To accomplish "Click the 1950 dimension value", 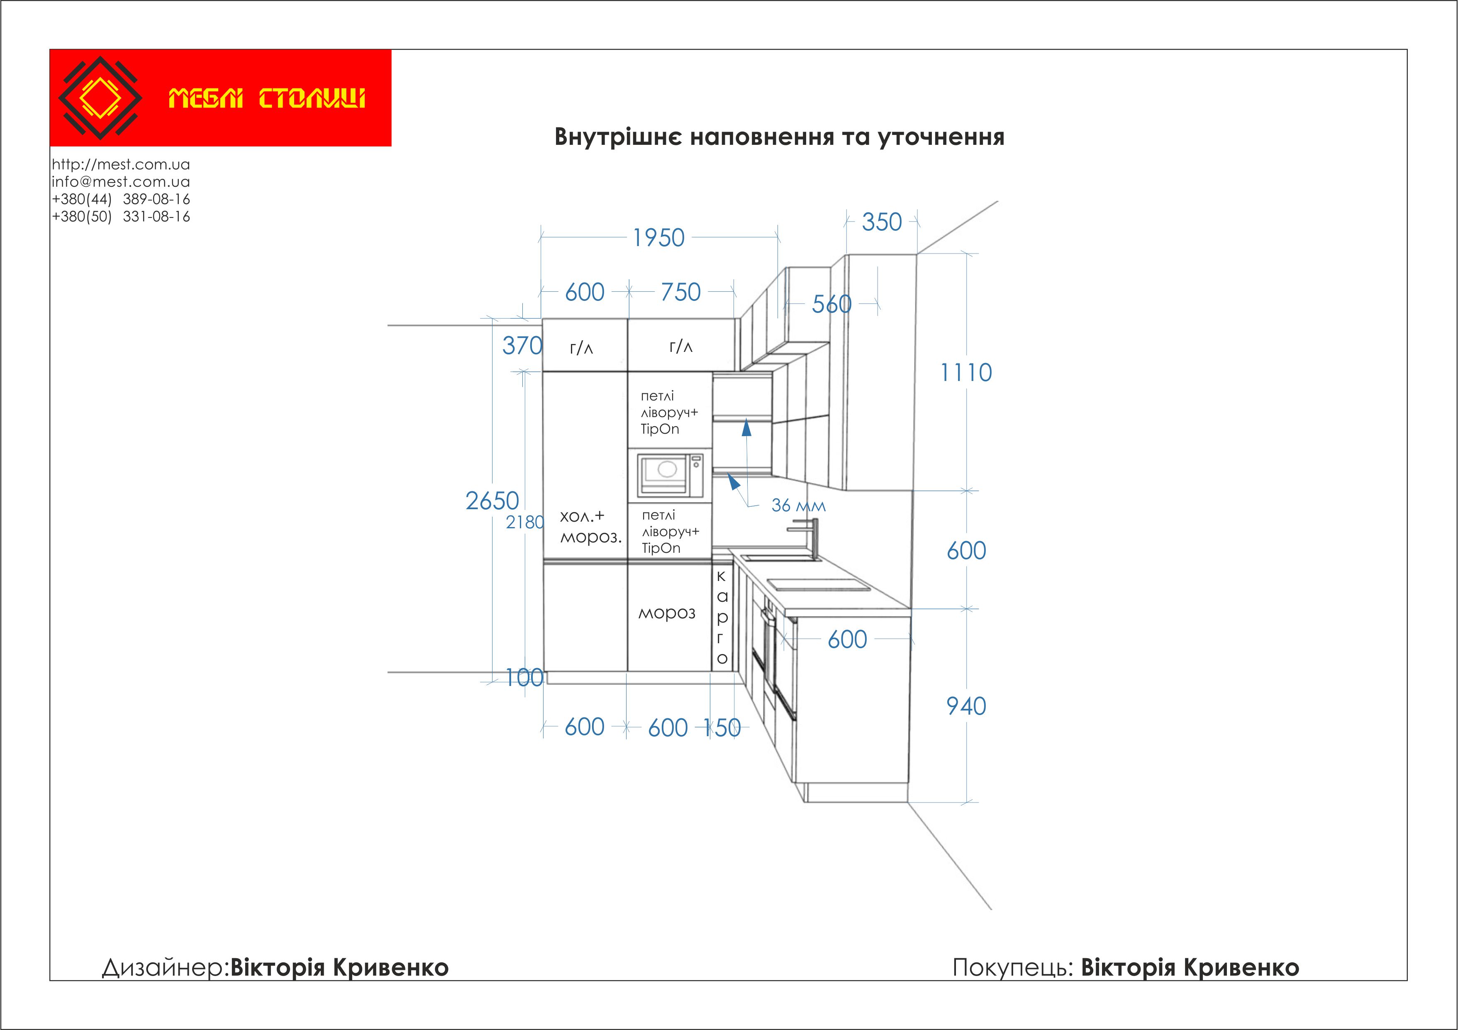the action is point(658,238).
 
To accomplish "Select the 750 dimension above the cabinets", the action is point(681,292).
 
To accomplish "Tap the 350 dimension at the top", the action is point(881,222).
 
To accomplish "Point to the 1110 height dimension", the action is point(966,373).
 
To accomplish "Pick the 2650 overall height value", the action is point(492,501).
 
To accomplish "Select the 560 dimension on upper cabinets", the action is point(831,304).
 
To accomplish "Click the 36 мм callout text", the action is point(798,505).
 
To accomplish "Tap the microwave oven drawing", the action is point(670,475).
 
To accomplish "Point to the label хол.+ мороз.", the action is point(590,527).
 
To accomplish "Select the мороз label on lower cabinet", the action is point(667,613).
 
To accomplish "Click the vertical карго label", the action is point(722,617).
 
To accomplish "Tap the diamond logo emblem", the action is point(100,98).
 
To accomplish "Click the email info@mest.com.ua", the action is point(121,182).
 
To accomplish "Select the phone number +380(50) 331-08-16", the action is point(121,217).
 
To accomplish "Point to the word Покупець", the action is point(1013,968).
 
